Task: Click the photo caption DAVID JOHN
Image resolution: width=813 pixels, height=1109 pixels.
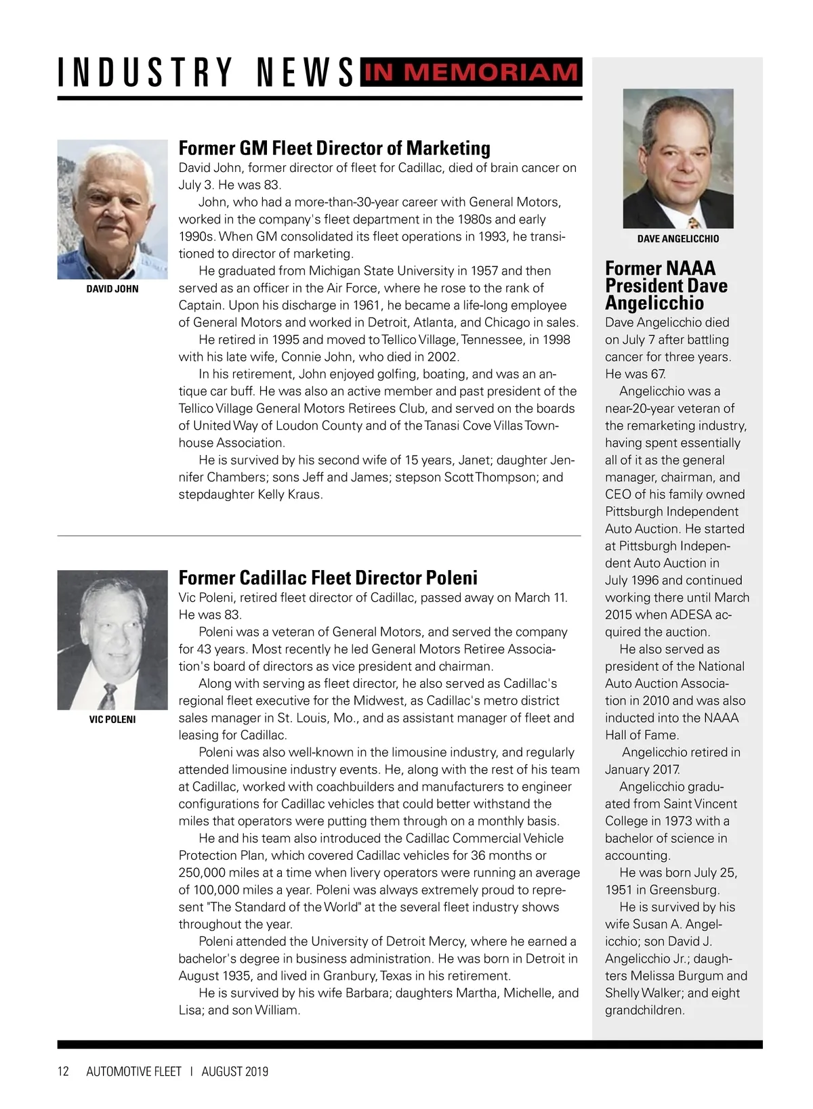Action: click(112, 289)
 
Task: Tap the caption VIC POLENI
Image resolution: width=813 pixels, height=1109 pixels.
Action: click(112, 720)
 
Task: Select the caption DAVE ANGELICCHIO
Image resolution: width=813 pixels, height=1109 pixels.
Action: click(678, 239)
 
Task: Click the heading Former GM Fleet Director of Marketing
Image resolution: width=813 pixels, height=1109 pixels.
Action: click(334, 148)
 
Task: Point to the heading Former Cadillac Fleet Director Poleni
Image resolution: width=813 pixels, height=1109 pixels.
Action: click(328, 578)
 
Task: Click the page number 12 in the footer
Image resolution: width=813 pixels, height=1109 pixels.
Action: click(64, 1072)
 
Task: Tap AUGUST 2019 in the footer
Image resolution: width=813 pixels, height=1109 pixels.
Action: click(235, 1072)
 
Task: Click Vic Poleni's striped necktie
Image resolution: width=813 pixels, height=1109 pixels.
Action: click(108, 695)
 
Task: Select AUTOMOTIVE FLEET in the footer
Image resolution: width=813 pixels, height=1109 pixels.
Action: click(134, 1072)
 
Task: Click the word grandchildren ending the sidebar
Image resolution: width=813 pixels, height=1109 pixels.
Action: click(645, 1011)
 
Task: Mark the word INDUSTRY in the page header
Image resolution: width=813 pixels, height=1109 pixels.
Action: click(146, 73)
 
